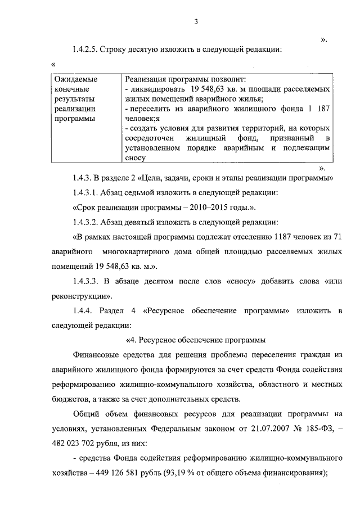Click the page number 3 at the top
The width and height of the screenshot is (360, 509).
click(x=196, y=22)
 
